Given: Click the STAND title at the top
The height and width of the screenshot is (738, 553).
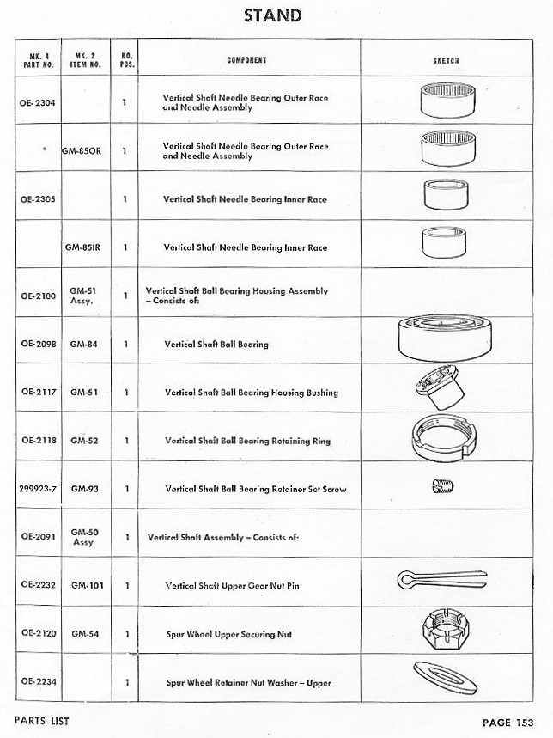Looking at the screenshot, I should pyautogui.click(x=272, y=15).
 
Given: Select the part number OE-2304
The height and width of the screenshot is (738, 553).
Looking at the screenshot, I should pyautogui.click(x=37, y=102).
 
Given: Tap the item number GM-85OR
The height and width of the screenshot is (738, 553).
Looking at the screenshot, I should pyautogui.click(x=82, y=150).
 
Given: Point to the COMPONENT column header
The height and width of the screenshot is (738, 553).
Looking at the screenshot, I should pyautogui.click(x=246, y=60).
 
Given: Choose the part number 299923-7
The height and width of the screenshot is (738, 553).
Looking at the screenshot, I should pyautogui.click(x=37, y=489).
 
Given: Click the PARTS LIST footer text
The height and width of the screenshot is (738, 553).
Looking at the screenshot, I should pyautogui.click(x=42, y=721).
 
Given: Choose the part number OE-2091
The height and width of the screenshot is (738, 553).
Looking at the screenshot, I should pyautogui.click(x=37, y=537).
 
